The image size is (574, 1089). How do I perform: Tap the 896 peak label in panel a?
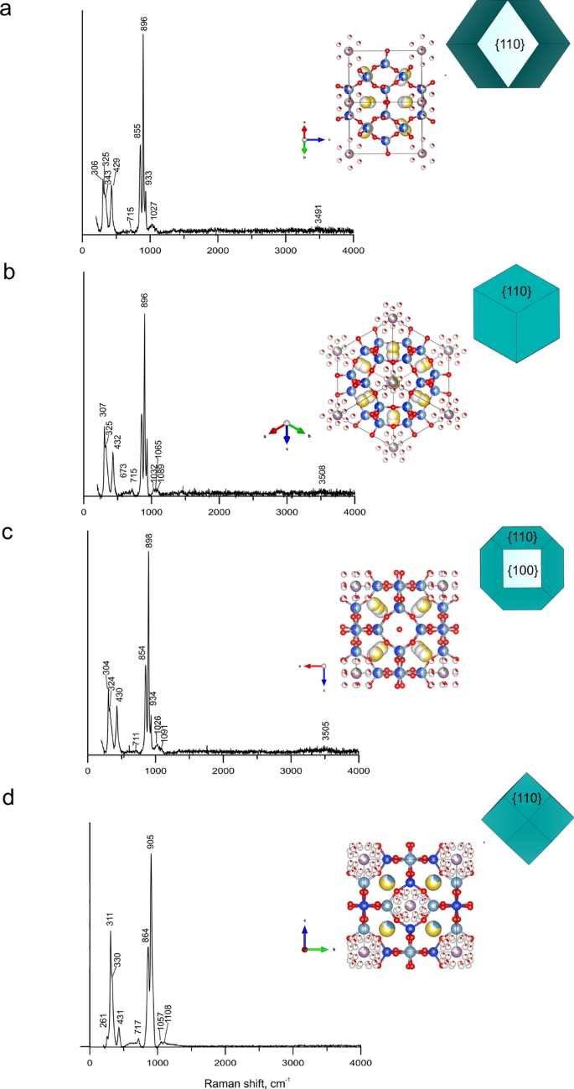pos(144,23)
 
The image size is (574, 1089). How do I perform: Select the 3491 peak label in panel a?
pos(318,216)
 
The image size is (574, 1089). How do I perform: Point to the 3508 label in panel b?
pos(322,474)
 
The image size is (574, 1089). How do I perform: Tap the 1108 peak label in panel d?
pos(168,1015)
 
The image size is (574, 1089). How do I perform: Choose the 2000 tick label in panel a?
pos(218,250)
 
